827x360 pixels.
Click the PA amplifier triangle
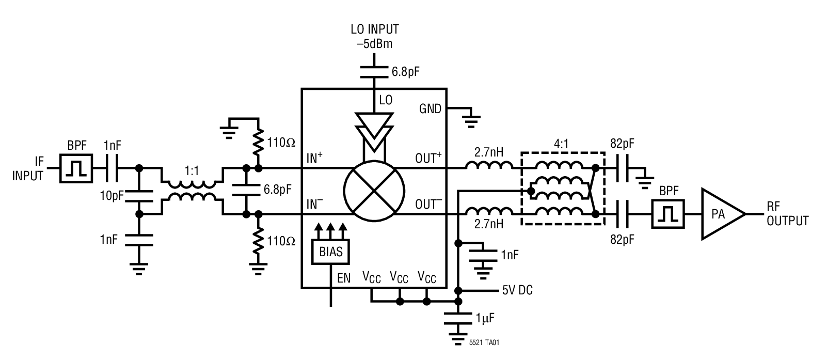pos(719,214)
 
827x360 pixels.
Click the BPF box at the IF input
pos(76,168)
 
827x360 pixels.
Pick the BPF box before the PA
pos(667,214)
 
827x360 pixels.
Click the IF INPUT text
pos(28,169)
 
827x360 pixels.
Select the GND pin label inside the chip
pos(430,108)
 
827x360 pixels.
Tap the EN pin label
pos(344,279)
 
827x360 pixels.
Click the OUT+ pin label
pos(428,159)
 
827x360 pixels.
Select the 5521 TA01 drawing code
pos(484,342)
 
